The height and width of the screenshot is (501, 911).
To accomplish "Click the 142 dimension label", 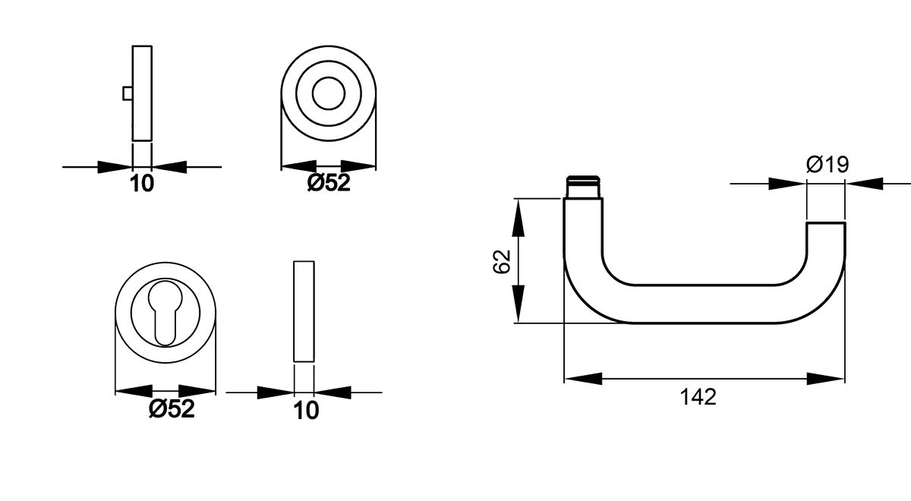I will click(x=698, y=396).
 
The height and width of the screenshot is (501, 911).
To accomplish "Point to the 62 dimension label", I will click(x=501, y=261).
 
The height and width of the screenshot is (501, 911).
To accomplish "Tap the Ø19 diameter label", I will click(x=827, y=165).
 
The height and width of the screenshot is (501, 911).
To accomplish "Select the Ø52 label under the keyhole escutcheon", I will click(x=172, y=409).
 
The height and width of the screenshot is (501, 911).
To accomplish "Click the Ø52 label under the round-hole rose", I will click(x=329, y=182).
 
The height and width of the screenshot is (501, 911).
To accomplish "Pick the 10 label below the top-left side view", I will click(x=142, y=183).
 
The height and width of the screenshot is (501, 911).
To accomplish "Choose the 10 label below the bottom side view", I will click(x=306, y=410).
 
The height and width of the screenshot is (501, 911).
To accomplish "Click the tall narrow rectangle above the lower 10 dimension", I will click(x=303, y=312).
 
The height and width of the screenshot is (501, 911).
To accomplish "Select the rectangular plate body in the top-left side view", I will click(x=142, y=93).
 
